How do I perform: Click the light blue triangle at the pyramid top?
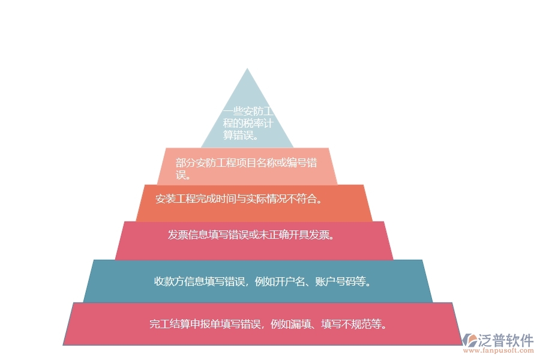click(x=247, y=113)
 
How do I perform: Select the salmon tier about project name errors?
click(x=247, y=166)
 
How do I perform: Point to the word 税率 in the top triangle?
click(x=253, y=123)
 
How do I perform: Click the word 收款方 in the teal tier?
click(x=169, y=281)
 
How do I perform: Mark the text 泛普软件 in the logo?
click(x=505, y=340)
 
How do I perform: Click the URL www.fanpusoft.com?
click(x=498, y=350)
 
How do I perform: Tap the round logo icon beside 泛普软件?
click(x=470, y=340)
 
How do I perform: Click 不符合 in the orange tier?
click(x=302, y=199)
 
